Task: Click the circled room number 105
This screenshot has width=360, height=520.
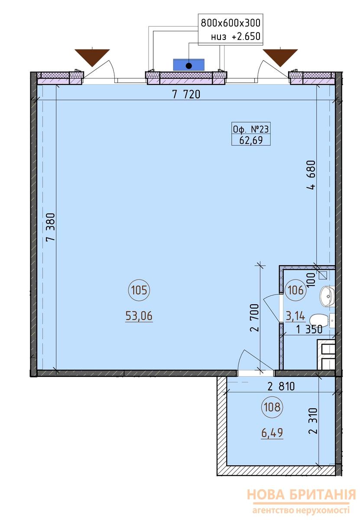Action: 139,290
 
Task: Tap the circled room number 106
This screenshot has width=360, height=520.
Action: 295,290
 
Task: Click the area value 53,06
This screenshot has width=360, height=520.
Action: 139,316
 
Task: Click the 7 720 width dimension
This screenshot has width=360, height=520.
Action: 186,94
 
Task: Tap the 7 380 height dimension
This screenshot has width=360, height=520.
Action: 51,227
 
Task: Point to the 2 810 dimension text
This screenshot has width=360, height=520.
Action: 281,386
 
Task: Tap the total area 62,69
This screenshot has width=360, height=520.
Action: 251,140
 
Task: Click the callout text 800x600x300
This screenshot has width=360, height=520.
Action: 230,23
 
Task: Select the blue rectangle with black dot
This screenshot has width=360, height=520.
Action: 189,65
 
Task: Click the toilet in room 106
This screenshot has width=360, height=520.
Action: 322,321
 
